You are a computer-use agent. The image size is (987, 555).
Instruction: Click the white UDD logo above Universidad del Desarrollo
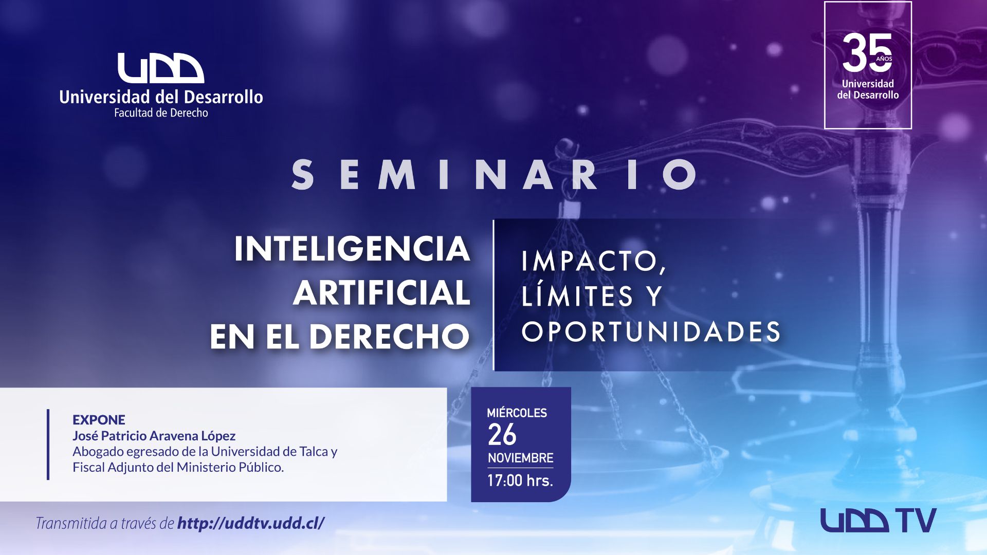[x=161, y=68]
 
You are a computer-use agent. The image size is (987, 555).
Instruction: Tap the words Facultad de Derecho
[x=161, y=113]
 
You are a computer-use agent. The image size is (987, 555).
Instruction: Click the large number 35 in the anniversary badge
[x=867, y=53]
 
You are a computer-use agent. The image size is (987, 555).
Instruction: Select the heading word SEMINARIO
[x=495, y=175]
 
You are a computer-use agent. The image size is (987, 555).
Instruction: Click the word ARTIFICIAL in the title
[x=381, y=293]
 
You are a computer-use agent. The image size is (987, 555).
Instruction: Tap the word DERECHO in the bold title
[x=389, y=337]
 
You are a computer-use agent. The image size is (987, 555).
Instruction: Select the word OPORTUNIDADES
[x=651, y=331]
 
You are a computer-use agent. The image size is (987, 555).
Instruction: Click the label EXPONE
[x=99, y=420]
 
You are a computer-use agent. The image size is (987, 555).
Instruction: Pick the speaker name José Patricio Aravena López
[x=154, y=436]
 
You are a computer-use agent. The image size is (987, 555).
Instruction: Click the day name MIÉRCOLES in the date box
[x=517, y=413]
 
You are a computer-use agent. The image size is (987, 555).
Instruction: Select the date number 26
[x=502, y=435]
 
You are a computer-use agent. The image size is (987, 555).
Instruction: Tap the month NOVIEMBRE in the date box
[x=520, y=458]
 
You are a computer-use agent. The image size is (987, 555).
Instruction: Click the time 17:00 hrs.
[x=520, y=480]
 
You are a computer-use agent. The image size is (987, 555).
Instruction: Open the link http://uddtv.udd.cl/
[x=251, y=523]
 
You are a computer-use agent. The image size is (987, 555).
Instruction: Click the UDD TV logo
[x=878, y=521]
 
